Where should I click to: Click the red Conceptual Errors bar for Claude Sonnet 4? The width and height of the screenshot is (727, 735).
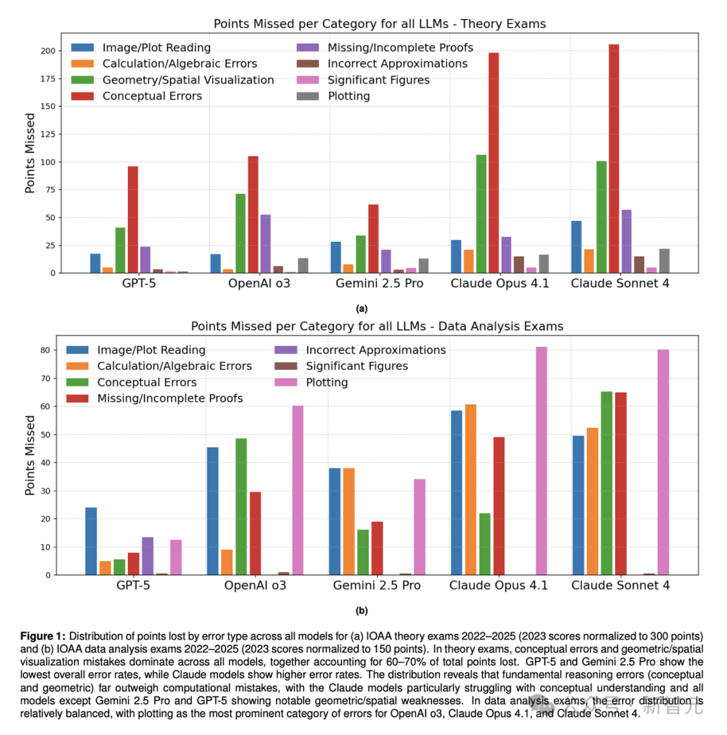[614, 159]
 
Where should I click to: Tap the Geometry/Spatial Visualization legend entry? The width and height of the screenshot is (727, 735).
[188, 80]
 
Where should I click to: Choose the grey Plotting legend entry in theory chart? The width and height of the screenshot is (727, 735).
[348, 96]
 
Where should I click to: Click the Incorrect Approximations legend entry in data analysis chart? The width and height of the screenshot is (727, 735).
[375, 350]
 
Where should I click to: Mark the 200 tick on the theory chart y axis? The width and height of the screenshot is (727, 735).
[47, 51]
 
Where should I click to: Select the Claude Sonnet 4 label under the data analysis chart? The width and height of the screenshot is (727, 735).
[620, 585]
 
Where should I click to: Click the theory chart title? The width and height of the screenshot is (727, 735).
[379, 24]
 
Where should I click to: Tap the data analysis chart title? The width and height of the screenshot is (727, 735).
[377, 326]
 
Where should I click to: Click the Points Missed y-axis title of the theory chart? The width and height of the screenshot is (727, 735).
[30, 162]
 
